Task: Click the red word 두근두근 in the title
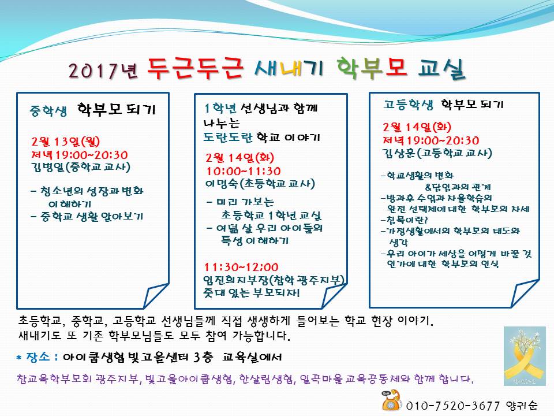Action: tap(196, 68)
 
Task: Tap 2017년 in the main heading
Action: tap(103, 70)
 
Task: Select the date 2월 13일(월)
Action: tap(66, 142)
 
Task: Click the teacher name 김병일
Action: tap(48, 167)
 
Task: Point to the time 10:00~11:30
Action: tap(244, 171)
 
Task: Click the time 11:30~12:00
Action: tap(241, 267)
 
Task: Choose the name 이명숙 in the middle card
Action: tap(222, 184)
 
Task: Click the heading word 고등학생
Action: tap(408, 105)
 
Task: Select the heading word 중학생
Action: tap(48, 111)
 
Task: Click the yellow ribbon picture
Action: tap(525, 356)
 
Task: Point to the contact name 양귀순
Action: tap(522, 406)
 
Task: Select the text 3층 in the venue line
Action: tap(203, 357)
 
